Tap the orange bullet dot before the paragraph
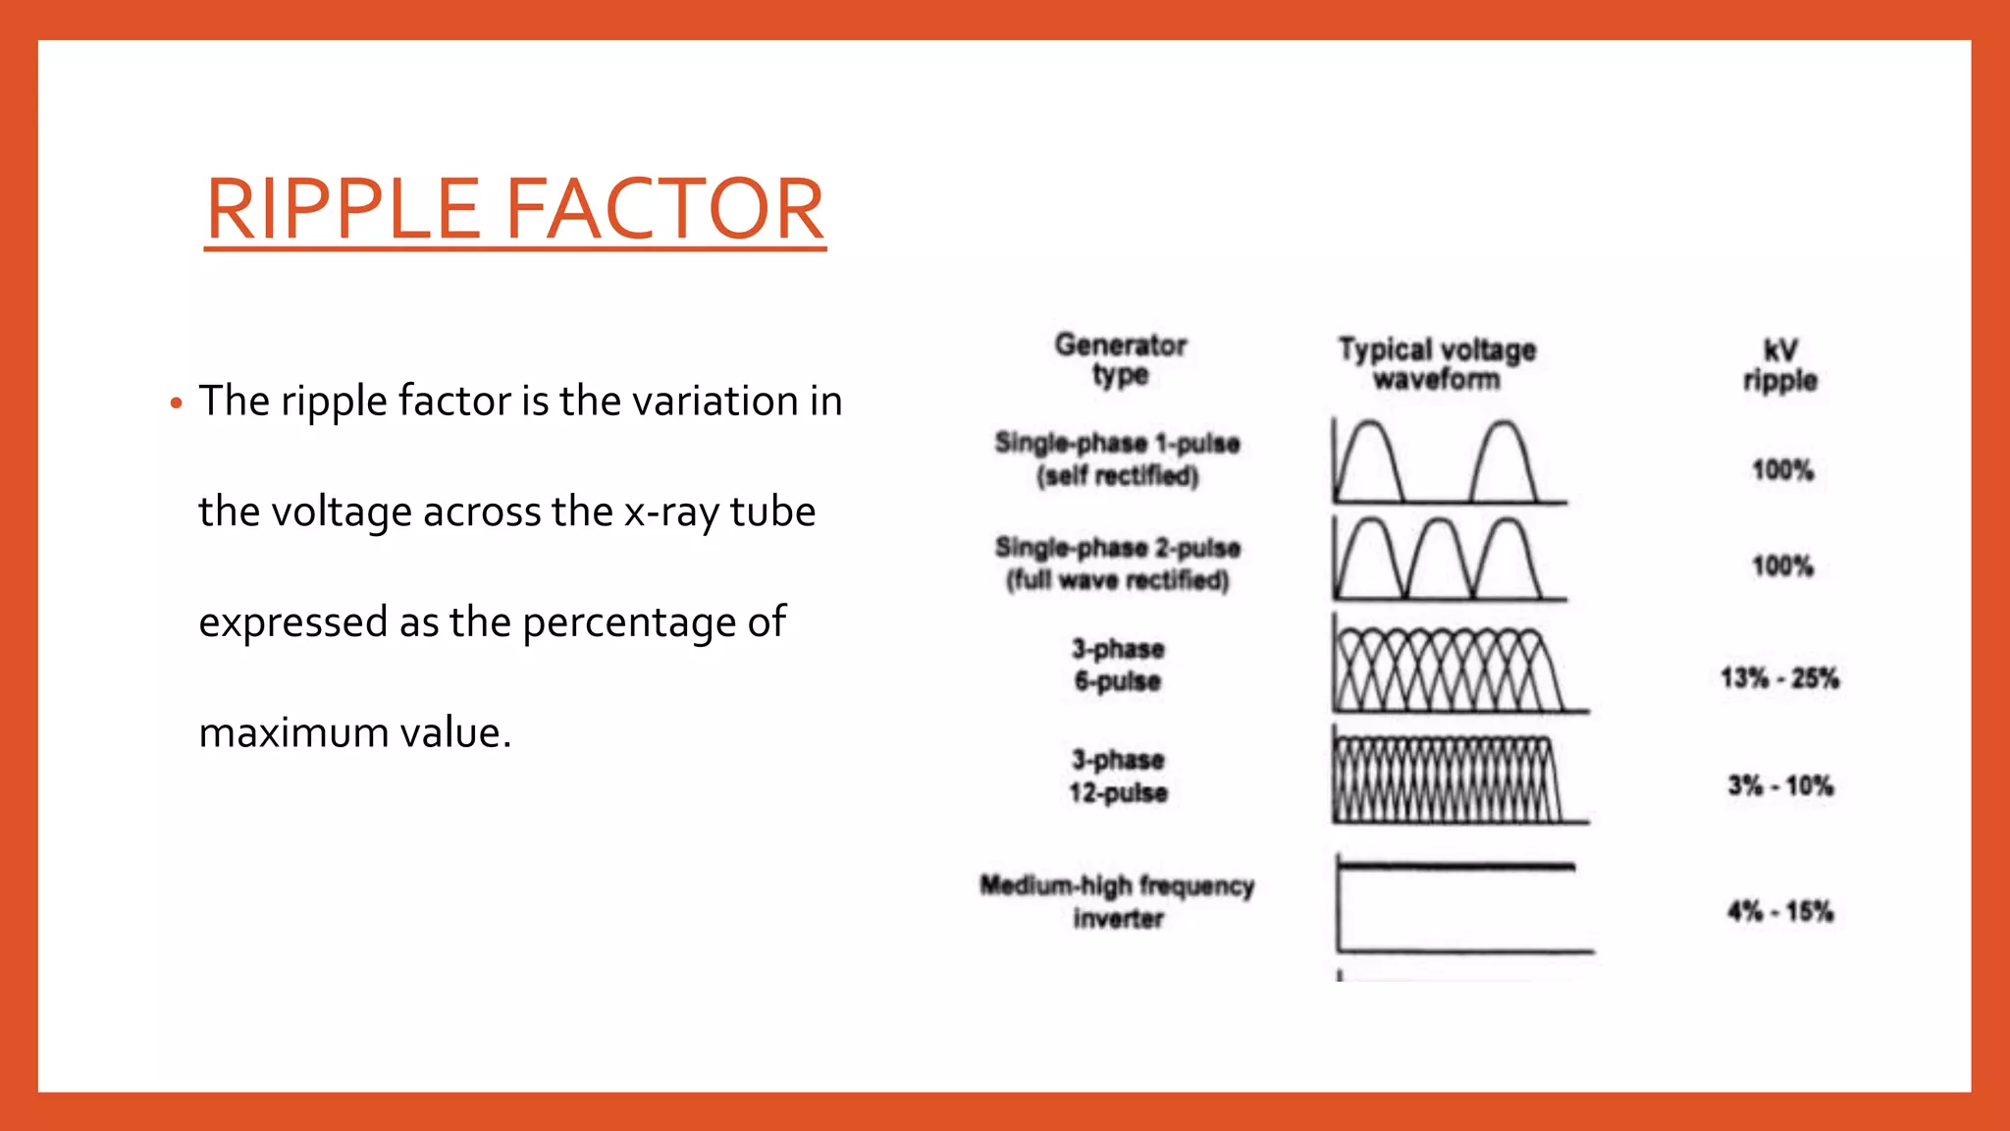177,403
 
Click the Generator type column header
1120,359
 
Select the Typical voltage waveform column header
1437,364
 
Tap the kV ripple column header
1779,365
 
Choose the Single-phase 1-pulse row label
1117,459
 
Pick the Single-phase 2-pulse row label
1117,564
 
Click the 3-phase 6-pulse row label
1118,665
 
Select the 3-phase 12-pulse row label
1118,776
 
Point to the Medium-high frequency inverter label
1117,901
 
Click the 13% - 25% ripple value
1779,678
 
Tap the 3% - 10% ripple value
1780,785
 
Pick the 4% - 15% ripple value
1780,912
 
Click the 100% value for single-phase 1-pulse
1782,470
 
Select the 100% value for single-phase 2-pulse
1782,565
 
